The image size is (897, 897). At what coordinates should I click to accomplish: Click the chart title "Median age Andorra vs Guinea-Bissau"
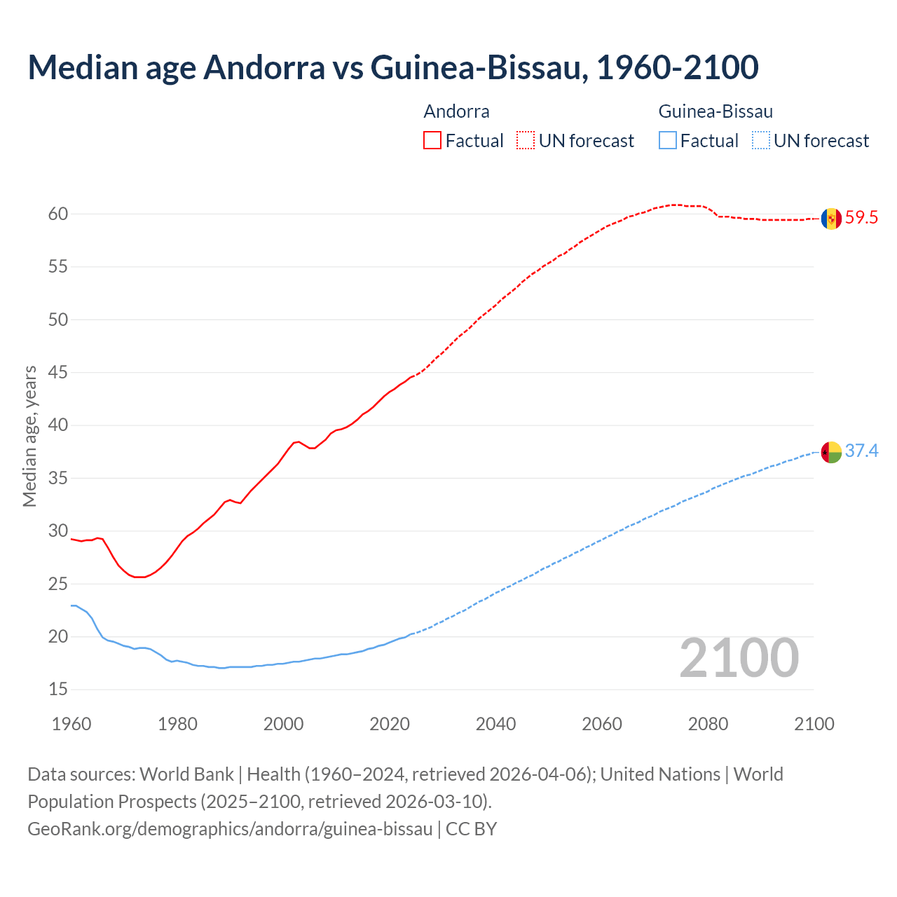click(392, 67)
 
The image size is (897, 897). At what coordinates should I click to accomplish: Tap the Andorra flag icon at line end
click(831, 219)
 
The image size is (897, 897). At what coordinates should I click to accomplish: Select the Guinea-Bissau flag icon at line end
click(831, 452)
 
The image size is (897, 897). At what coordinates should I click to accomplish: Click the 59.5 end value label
click(861, 218)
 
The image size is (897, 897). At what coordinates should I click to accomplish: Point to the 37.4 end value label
click(861, 451)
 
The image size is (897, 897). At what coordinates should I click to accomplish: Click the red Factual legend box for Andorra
click(432, 141)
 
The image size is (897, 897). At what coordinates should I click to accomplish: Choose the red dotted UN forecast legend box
click(526, 141)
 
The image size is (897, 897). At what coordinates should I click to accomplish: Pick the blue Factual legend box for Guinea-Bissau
click(668, 141)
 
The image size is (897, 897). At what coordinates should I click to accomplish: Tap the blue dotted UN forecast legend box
click(761, 141)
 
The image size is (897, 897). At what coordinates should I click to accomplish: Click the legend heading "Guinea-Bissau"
click(715, 111)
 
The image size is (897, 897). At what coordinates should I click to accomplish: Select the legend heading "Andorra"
click(456, 111)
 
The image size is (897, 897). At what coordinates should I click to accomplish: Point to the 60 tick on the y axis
click(58, 214)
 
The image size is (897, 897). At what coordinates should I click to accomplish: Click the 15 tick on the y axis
click(58, 690)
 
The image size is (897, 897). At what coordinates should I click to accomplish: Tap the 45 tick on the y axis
click(58, 373)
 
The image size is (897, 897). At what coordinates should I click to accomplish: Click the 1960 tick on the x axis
click(71, 724)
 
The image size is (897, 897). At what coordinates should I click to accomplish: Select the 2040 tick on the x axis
click(495, 724)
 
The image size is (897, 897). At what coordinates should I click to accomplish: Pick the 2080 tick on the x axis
click(708, 724)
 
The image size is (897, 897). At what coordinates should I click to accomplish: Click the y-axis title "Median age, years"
click(29, 436)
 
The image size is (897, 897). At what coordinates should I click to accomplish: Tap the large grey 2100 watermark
click(739, 658)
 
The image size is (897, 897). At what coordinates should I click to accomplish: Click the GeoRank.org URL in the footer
click(230, 829)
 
